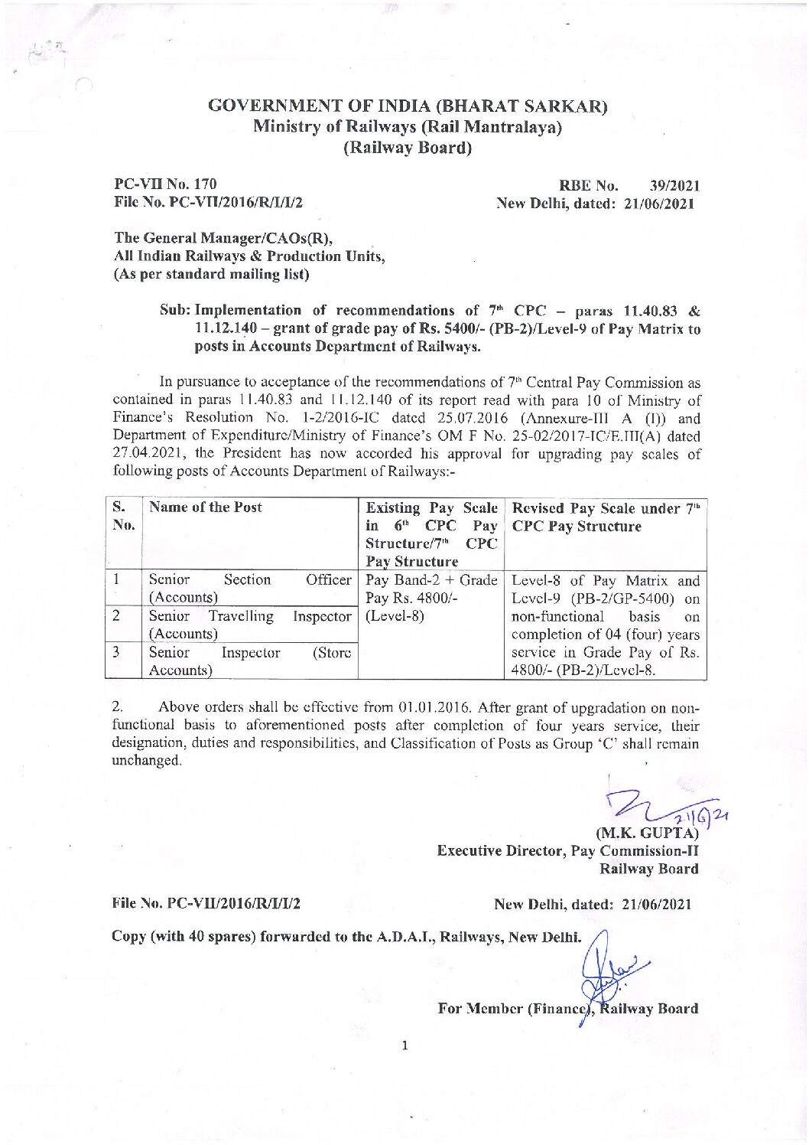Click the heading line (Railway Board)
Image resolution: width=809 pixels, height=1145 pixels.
tap(407, 148)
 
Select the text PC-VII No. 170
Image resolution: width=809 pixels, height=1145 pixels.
tap(165, 184)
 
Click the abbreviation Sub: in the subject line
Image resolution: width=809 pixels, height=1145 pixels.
tap(175, 310)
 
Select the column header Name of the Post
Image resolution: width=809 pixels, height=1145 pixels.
tap(206, 507)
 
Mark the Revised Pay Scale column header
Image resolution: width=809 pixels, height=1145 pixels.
tap(605, 517)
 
